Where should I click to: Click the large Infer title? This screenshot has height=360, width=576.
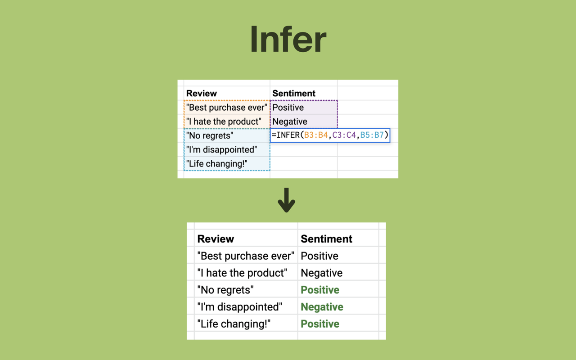click(x=288, y=39)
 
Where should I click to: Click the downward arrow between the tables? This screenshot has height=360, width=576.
click(x=286, y=200)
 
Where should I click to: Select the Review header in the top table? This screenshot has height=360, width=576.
click(x=201, y=93)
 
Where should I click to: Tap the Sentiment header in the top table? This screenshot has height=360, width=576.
click(x=293, y=93)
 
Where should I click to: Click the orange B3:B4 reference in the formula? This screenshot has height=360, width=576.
click(x=316, y=135)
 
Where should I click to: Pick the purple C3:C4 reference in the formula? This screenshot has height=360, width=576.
click(x=344, y=135)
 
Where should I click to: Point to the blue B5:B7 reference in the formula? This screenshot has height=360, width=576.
click(x=372, y=135)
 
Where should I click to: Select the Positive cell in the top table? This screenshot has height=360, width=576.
click(x=288, y=108)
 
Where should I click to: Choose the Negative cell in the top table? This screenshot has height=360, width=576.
click(x=290, y=121)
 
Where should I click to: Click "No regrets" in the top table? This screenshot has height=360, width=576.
click(x=210, y=135)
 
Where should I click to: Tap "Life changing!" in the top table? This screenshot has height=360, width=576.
click(x=216, y=163)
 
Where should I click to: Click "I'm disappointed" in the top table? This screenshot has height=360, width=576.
click(x=221, y=149)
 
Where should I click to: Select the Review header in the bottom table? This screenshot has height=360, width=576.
click(x=216, y=238)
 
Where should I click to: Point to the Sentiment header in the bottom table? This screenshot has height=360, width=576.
click(x=326, y=238)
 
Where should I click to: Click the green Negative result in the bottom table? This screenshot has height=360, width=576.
click(x=322, y=307)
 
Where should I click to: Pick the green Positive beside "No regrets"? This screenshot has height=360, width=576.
click(x=320, y=290)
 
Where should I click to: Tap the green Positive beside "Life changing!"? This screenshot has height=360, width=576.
click(x=320, y=324)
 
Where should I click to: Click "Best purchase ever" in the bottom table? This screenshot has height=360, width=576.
click(x=246, y=256)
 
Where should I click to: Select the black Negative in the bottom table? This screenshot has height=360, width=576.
click(x=321, y=273)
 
